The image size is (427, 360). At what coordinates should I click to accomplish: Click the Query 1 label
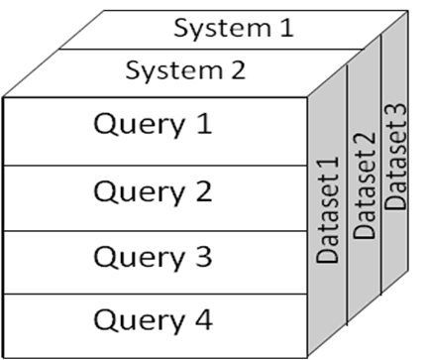153,127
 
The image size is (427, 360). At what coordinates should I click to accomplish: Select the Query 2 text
153,192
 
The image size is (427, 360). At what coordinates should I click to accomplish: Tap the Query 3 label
153,258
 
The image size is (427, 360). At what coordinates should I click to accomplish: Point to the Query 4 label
153,320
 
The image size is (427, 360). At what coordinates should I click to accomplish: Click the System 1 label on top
234,27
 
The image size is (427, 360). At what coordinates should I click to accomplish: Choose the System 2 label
185,71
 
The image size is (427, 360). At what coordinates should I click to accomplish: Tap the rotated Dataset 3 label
396,163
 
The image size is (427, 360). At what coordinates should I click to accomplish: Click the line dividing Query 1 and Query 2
154,166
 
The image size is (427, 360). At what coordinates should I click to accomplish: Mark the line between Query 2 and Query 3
154,231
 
